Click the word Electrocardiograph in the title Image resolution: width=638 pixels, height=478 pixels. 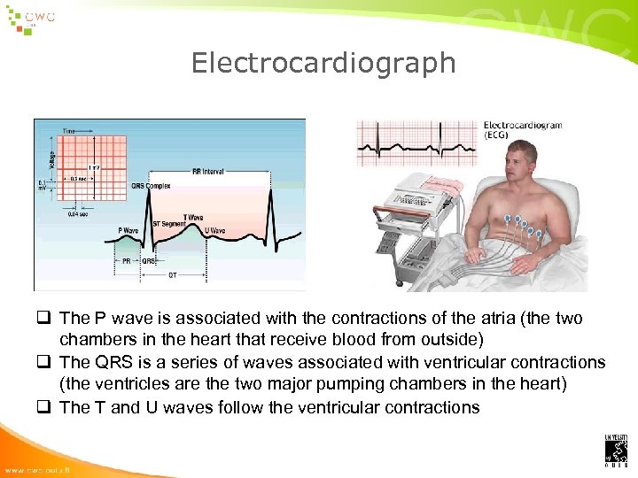323,63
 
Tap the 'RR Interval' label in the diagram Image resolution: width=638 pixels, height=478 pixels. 207,172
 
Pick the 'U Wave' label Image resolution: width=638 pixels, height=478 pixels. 214,230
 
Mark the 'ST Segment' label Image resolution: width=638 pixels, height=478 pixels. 169,223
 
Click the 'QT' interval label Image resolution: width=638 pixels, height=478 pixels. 172,274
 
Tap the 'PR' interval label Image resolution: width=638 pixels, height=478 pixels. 128,261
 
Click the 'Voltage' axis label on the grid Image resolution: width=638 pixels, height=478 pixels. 51,159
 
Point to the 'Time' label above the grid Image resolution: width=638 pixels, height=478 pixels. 69,130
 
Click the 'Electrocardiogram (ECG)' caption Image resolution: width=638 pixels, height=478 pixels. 523,130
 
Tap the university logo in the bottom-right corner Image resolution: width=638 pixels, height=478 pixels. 616,449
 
